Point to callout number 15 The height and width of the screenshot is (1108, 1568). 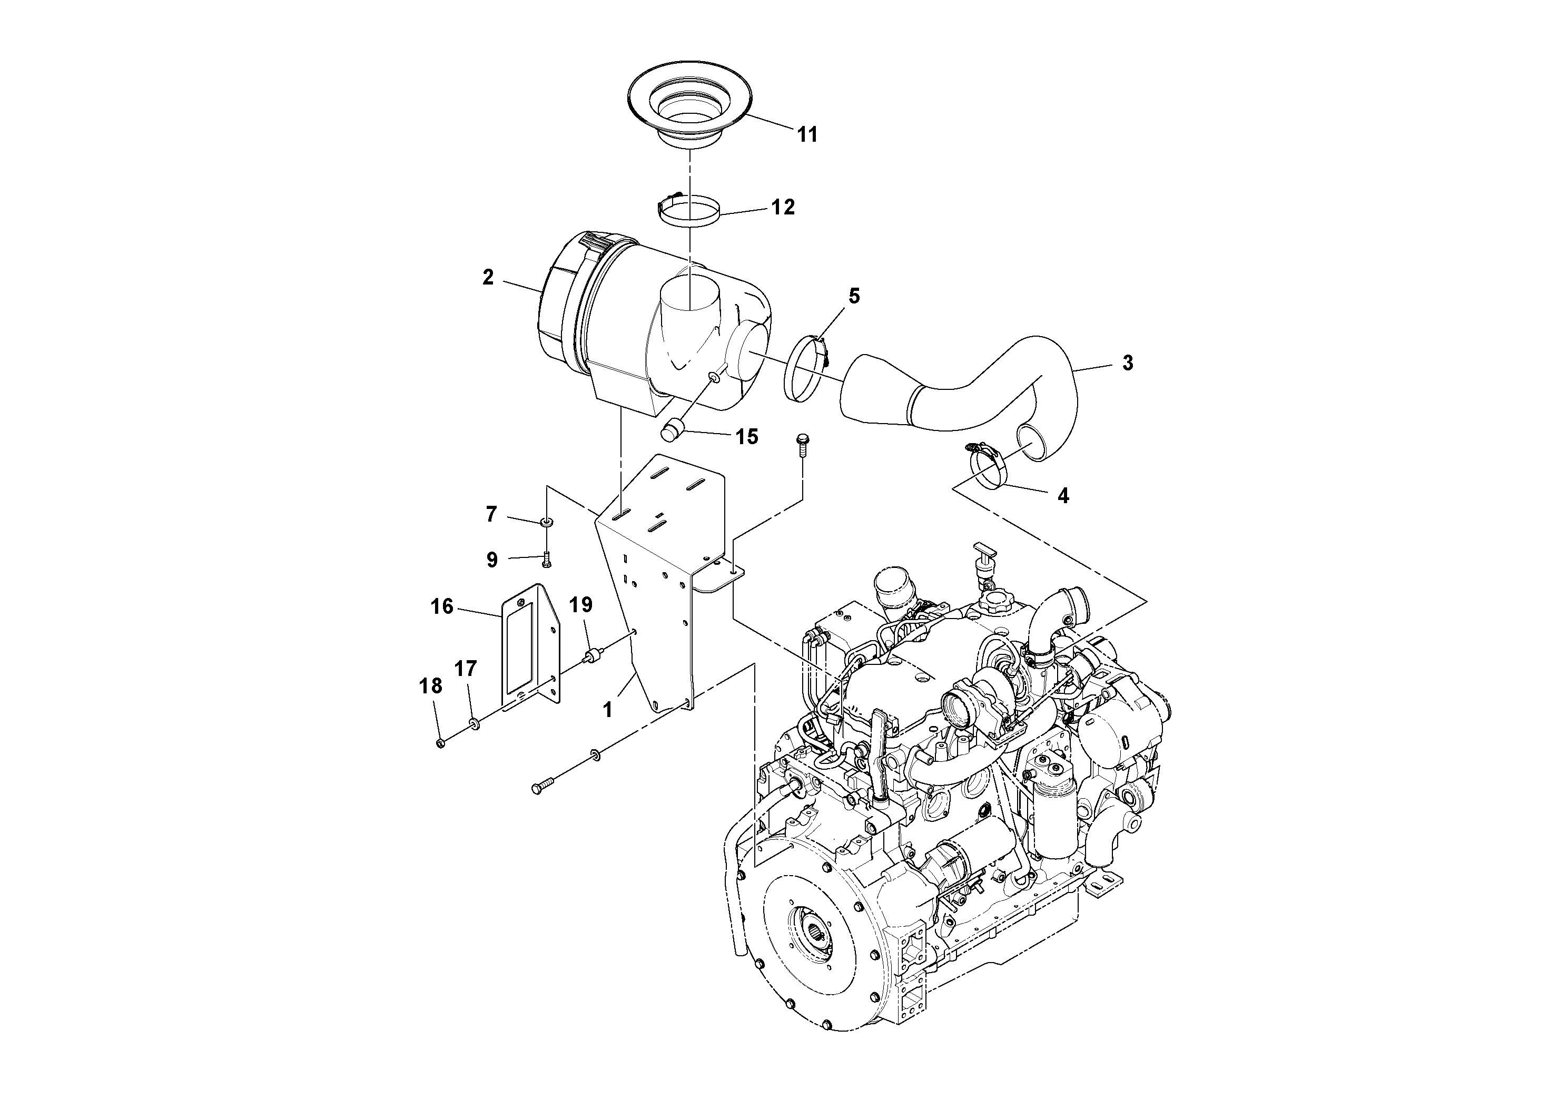747,436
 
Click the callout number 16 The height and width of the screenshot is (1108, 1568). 442,606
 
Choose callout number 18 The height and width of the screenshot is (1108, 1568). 431,686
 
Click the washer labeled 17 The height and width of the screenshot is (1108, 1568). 472,723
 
